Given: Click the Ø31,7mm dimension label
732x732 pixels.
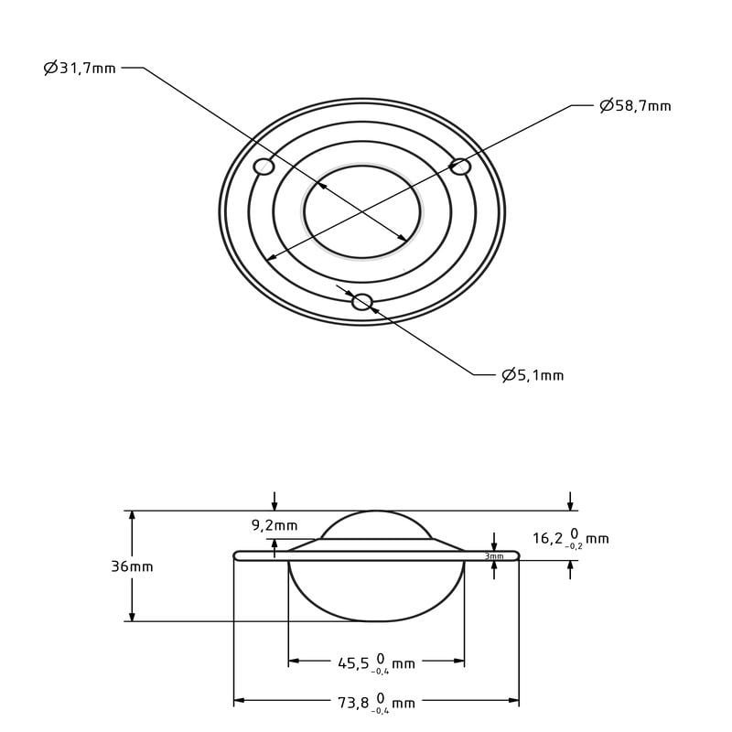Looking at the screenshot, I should click(81, 68).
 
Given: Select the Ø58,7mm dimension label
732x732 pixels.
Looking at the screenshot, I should click(635, 106).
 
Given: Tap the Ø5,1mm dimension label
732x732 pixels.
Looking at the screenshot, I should click(533, 375).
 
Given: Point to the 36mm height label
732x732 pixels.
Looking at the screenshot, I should click(133, 566).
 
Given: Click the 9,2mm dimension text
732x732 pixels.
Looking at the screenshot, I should click(274, 525).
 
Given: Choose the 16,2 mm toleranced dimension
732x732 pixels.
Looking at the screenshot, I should click(570, 538).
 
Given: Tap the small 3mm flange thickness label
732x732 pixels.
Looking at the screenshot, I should click(494, 556).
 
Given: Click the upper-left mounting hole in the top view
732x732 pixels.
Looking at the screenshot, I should click(264, 167).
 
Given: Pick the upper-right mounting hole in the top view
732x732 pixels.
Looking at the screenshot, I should click(460, 167).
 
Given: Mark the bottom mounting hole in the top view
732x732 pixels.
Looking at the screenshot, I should click(362, 302).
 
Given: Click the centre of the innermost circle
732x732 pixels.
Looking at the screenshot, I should click(362, 211).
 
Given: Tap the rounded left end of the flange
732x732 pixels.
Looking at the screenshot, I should click(239, 555).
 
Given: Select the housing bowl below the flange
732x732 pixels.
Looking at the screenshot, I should click(376, 590).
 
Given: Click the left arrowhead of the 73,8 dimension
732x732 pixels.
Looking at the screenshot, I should click(239, 701).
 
